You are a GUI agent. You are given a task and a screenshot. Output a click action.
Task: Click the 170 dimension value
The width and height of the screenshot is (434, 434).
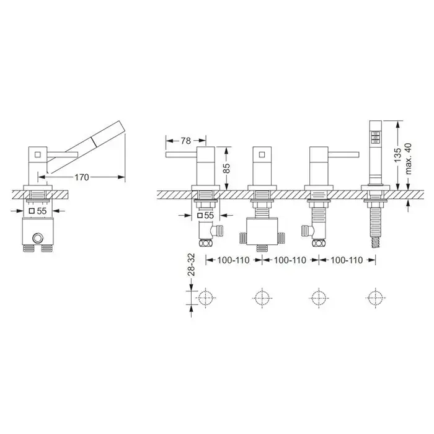82,177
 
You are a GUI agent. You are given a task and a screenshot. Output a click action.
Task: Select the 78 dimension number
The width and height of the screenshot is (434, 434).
186,141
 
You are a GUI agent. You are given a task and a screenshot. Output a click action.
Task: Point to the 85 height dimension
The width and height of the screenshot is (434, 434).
226,168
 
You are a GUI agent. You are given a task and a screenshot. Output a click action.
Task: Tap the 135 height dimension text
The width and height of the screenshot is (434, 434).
397,155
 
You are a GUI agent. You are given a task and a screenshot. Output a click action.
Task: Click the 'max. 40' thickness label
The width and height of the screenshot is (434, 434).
408,159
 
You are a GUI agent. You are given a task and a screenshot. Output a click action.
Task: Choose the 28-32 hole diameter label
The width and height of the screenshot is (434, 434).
191,265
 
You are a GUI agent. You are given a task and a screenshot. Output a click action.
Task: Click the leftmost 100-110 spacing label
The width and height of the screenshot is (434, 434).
233,260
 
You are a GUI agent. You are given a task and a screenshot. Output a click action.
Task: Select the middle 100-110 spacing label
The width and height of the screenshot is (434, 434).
290,260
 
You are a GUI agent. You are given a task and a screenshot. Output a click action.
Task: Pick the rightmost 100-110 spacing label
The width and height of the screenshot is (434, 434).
347,260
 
